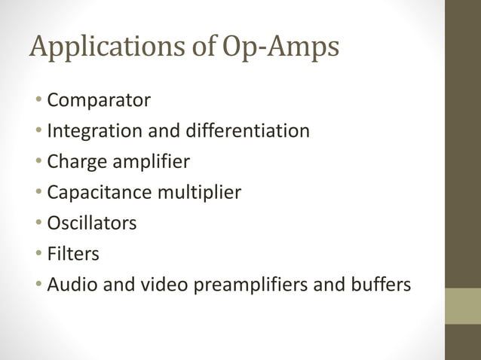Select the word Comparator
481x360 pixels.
99,100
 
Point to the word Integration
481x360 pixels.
93,131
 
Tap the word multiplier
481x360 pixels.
198,193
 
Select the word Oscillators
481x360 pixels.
92,224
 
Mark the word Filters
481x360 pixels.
73,255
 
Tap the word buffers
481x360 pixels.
381,285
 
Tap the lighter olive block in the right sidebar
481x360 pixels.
462,306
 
